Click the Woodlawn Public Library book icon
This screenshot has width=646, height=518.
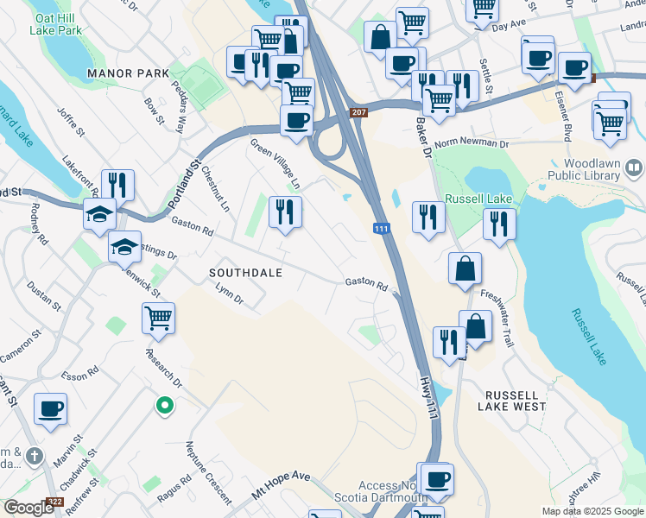tap(634, 167)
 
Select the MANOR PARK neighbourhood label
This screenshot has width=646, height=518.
tap(128, 73)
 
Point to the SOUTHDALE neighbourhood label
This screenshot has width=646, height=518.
tap(247, 272)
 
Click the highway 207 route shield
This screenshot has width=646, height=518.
tap(359, 113)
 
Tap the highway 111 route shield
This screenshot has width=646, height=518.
tap(381, 229)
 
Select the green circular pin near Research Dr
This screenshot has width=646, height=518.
tap(163, 404)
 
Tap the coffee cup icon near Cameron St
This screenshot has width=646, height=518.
tap(51, 408)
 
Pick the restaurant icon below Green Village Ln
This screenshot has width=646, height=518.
tap(285, 212)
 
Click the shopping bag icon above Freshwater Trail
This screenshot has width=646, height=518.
tap(465, 268)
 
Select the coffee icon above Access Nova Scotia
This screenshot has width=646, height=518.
tap(437, 478)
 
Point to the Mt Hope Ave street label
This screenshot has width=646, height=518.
tap(281, 487)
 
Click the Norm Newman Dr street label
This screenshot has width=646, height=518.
tap(472, 143)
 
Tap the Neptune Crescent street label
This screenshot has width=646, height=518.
tap(208, 474)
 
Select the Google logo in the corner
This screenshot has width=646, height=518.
tap(29, 508)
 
